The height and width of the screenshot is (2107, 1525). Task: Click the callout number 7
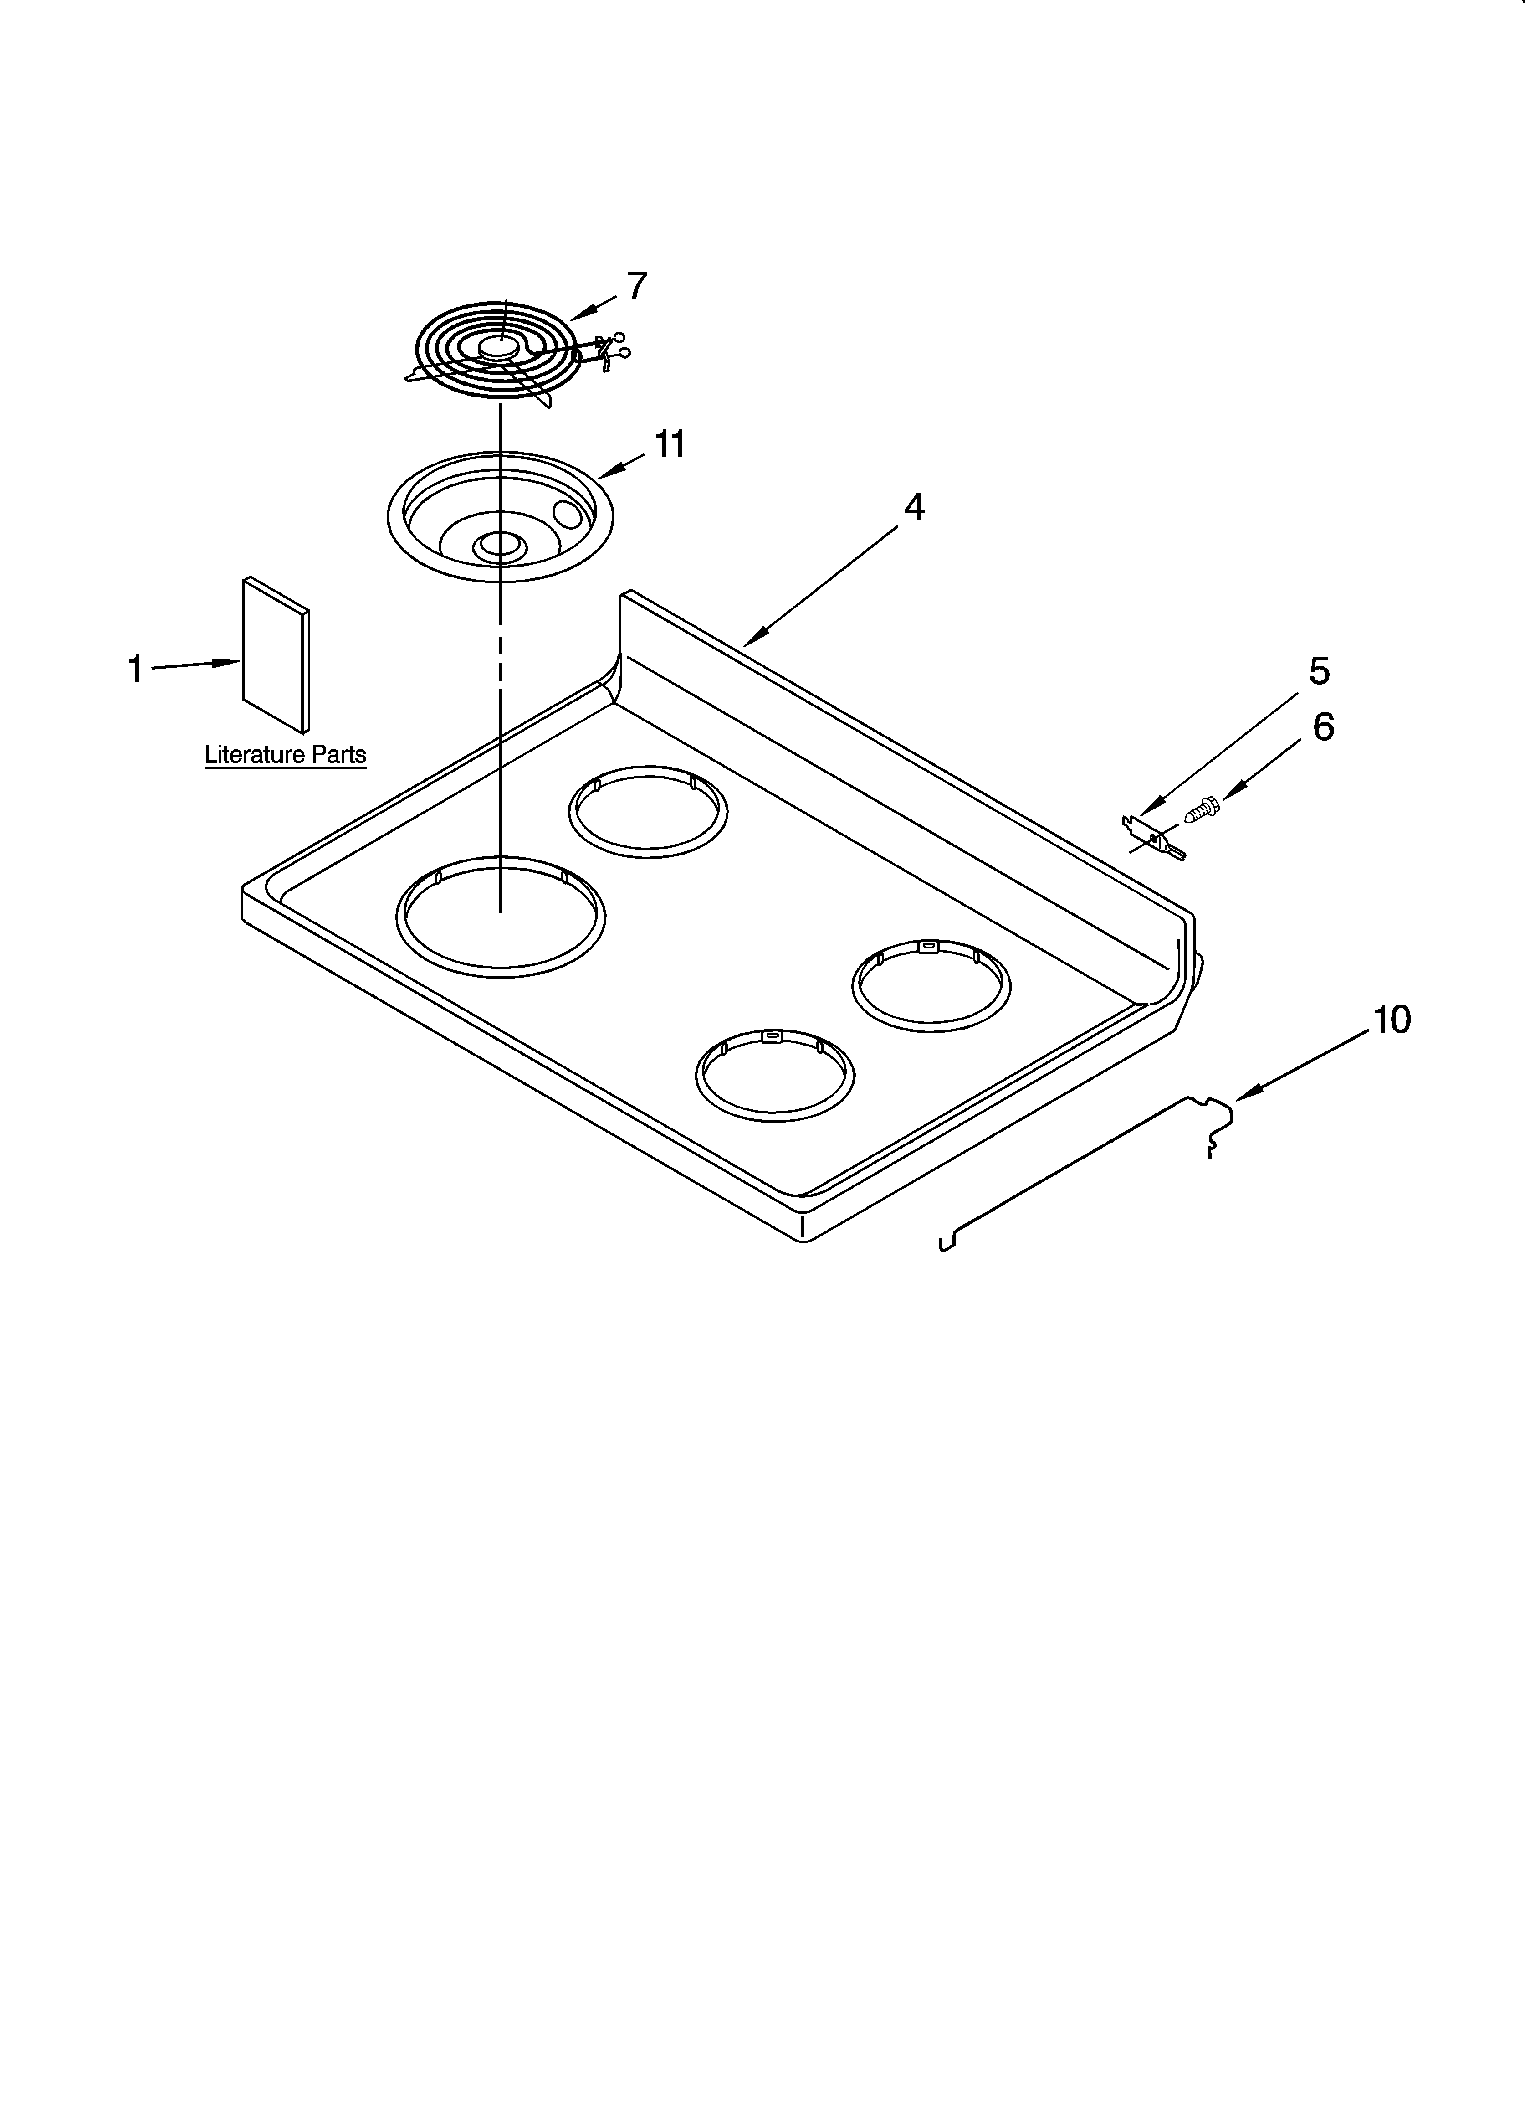[636, 286]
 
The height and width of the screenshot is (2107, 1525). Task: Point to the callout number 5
[1319, 671]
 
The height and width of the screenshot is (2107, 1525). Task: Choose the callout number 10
[1391, 1020]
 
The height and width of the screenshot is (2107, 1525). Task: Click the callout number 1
[136, 669]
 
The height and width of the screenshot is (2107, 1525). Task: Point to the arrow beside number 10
[1244, 1093]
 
